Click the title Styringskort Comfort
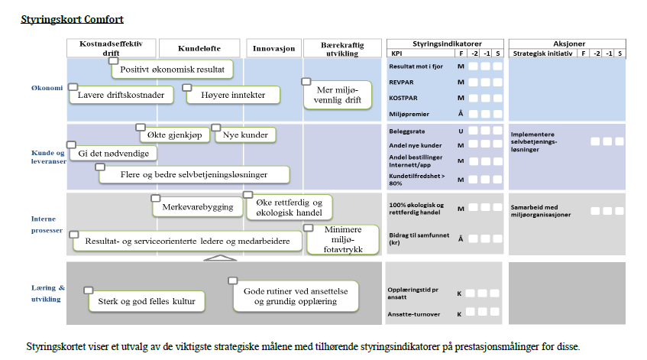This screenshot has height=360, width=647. [x=72, y=18]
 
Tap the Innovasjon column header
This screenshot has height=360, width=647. [x=273, y=48]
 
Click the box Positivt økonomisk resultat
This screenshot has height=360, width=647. [x=173, y=70]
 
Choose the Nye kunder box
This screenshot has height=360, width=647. [x=245, y=135]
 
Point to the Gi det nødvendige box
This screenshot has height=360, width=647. [x=113, y=154]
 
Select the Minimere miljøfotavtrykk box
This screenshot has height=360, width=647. [x=343, y=239]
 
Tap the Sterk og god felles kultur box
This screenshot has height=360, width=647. [x=147, y=302]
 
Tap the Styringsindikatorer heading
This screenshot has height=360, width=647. [x=446, y=44]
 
